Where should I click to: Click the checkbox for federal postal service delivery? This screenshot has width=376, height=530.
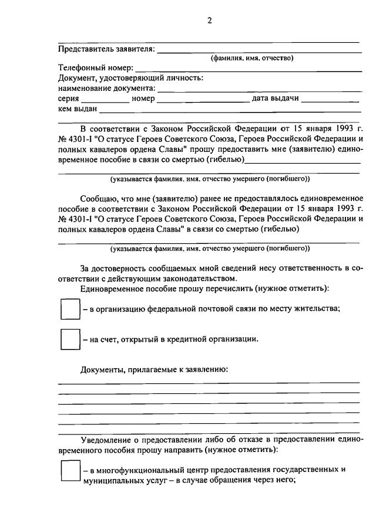click(x=70, y=309)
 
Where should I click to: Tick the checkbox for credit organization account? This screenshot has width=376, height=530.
click(x=70, y=339)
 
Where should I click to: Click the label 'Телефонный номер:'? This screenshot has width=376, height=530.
click(x=96, y=68)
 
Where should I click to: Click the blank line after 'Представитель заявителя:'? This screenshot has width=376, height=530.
click(x=258, y=50)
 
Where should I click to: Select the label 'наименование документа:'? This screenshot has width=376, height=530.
click(x=107, y=89)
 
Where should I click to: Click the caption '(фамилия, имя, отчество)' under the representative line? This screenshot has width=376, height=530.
click(x=252, y=58)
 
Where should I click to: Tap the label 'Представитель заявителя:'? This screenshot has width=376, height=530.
click(x=106, y=49)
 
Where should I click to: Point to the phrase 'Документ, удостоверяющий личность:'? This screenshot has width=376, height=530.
click(x=130, y=78)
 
